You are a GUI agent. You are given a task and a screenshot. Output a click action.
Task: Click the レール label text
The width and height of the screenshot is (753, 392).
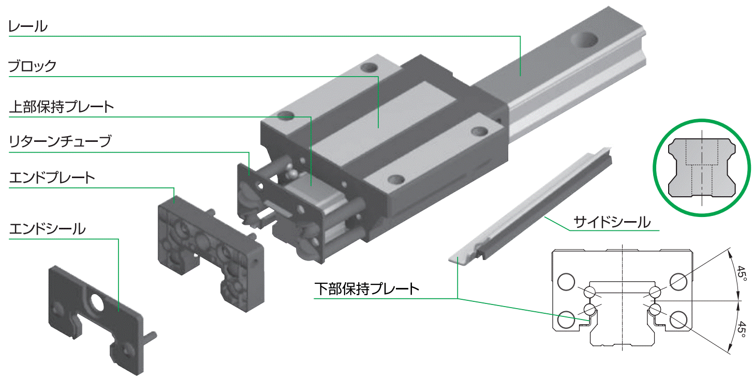click(x=27, y=26)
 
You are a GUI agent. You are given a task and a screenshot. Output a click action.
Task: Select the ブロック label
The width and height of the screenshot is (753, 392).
click(x=32, y=66)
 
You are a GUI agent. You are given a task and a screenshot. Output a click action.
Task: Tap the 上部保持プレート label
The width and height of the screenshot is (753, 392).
click(x=62, y=107)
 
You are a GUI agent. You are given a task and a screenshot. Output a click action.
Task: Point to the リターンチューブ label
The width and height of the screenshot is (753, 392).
click(x=60, y=141)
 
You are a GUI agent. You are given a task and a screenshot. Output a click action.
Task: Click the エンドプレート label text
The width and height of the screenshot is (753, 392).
click(x=52, y=177)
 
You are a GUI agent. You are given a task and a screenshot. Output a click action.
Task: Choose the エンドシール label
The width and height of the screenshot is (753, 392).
click(x=48, y=229)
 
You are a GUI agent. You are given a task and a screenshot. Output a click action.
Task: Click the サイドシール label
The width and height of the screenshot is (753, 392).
click(x=612, y=223)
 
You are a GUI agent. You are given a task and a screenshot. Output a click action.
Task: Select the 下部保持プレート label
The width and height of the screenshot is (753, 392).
click(x=367, y=289)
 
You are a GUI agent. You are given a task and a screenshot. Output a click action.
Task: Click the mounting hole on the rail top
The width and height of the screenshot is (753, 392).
click(x=585, y=40)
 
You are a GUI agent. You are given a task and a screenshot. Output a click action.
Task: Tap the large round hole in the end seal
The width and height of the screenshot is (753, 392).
click(x=96, y=301)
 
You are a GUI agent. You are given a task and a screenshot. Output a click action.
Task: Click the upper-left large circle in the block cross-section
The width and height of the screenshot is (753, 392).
click(x=566, y=282)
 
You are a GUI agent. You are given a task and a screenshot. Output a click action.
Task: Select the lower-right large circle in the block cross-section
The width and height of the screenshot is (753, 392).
click(x=678, y=320)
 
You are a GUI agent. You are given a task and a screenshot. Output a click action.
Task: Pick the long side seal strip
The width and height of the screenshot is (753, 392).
click(x=530, y=205)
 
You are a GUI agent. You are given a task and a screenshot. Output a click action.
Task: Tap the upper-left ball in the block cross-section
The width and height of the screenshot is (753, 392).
click(x=590, y=292)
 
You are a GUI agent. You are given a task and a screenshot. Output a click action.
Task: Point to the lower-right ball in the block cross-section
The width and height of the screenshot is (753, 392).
click(x=655, y=310)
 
